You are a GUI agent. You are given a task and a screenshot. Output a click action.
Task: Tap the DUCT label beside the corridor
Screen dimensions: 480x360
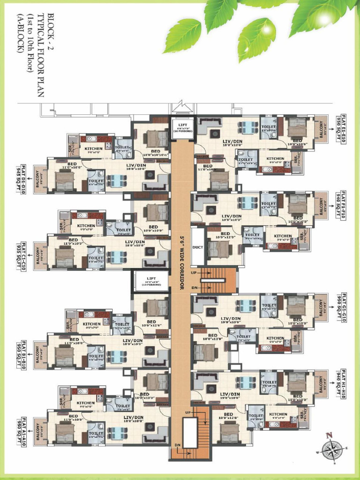198,248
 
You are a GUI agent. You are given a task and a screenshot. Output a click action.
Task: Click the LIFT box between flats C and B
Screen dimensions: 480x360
151,281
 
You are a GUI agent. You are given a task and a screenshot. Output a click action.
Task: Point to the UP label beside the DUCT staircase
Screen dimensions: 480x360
194,272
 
